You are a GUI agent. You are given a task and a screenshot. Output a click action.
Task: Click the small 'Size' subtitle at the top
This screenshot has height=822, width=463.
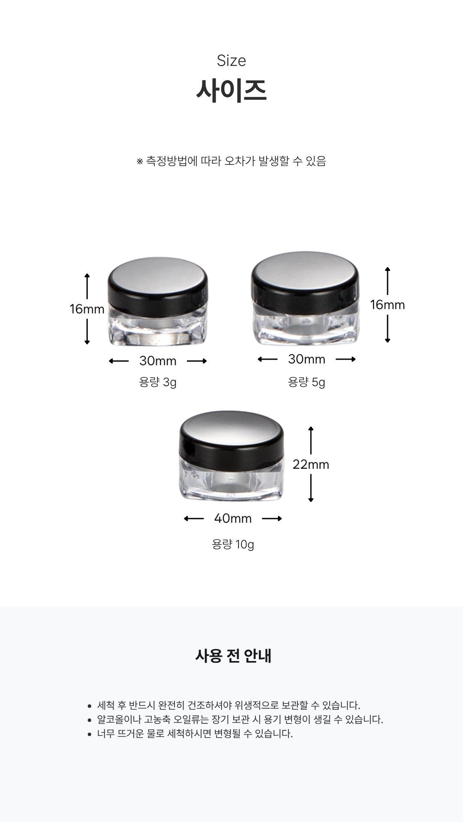coord(231,60)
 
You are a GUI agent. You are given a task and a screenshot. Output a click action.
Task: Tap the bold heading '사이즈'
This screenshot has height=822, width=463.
coord(231,90)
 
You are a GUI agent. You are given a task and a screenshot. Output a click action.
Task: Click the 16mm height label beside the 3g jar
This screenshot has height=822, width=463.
coord(87,309)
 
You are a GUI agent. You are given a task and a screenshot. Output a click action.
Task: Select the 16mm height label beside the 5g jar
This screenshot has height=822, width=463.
coord(388,305)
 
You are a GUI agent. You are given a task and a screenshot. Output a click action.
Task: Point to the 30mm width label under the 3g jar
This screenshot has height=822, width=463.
coord(158,361)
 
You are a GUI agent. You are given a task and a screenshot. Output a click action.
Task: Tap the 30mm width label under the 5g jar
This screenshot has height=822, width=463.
coord(307,359)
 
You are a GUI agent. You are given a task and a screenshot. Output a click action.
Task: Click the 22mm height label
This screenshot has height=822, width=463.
coord(311,465)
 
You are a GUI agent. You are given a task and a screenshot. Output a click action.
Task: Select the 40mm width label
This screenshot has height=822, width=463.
coord(233,518)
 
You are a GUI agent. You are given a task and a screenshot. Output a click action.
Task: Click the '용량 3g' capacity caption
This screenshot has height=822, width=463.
coord(158,382)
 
